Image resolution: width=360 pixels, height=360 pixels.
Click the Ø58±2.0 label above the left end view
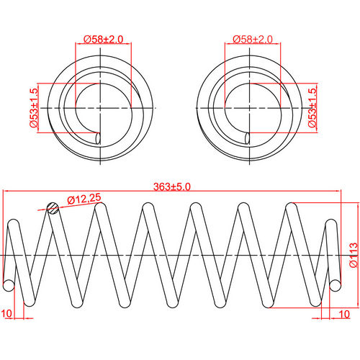point(103,39)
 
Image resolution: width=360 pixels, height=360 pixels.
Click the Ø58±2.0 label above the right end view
point(253,39)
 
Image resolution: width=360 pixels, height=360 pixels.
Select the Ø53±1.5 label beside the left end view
point(33,108)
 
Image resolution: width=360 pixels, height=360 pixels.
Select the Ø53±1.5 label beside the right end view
point(312,108)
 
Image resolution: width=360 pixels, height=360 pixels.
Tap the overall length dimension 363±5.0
point(171,186)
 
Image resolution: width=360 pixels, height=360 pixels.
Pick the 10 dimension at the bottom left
point(6,315)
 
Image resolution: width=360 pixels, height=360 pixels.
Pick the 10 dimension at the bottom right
point(343,315)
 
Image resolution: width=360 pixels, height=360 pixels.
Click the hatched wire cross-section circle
point(51,208)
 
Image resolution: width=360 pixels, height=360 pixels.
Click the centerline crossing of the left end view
point(103,107)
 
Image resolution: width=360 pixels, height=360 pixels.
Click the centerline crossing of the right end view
point(253,107)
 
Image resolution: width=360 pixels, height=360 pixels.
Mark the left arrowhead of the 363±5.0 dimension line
point(6,192)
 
